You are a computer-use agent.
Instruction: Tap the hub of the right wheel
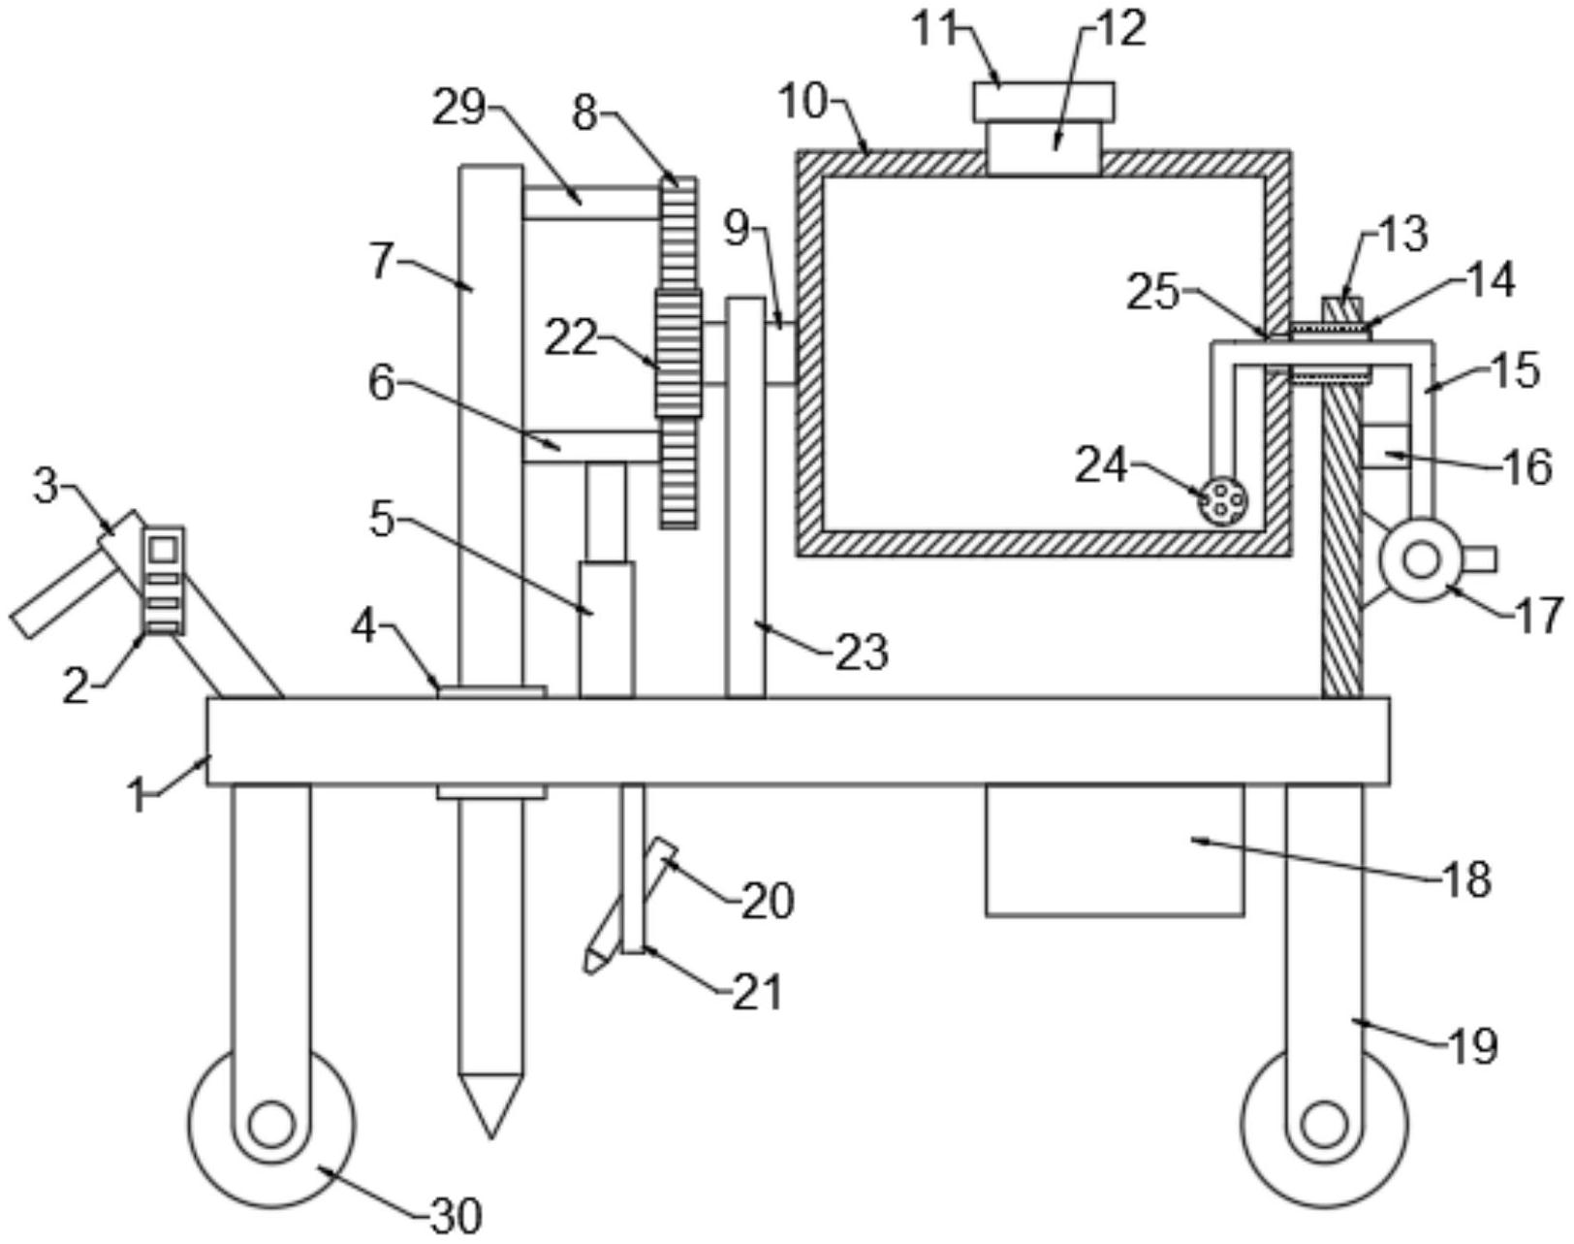pos(1323,1126)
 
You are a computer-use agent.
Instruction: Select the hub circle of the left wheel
pos(270,1126)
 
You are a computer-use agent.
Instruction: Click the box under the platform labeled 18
pos(1114,850)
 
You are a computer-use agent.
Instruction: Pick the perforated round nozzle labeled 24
pos(1222,501)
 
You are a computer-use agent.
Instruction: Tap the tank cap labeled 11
pos(1043,100)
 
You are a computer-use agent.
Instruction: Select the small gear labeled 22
pos(678,353)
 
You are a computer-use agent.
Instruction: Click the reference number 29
pos(459,110)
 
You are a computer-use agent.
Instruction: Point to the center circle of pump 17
pos(1421,560)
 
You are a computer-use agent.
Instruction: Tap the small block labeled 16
pos(1386,446)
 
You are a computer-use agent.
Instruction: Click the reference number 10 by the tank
pos(803,101)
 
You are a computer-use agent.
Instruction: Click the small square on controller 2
pos(163,549)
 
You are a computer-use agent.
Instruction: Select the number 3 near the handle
pos(46,487)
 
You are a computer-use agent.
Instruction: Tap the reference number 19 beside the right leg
pos(1472,1046)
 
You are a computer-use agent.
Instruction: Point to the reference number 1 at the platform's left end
pos(140,798)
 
